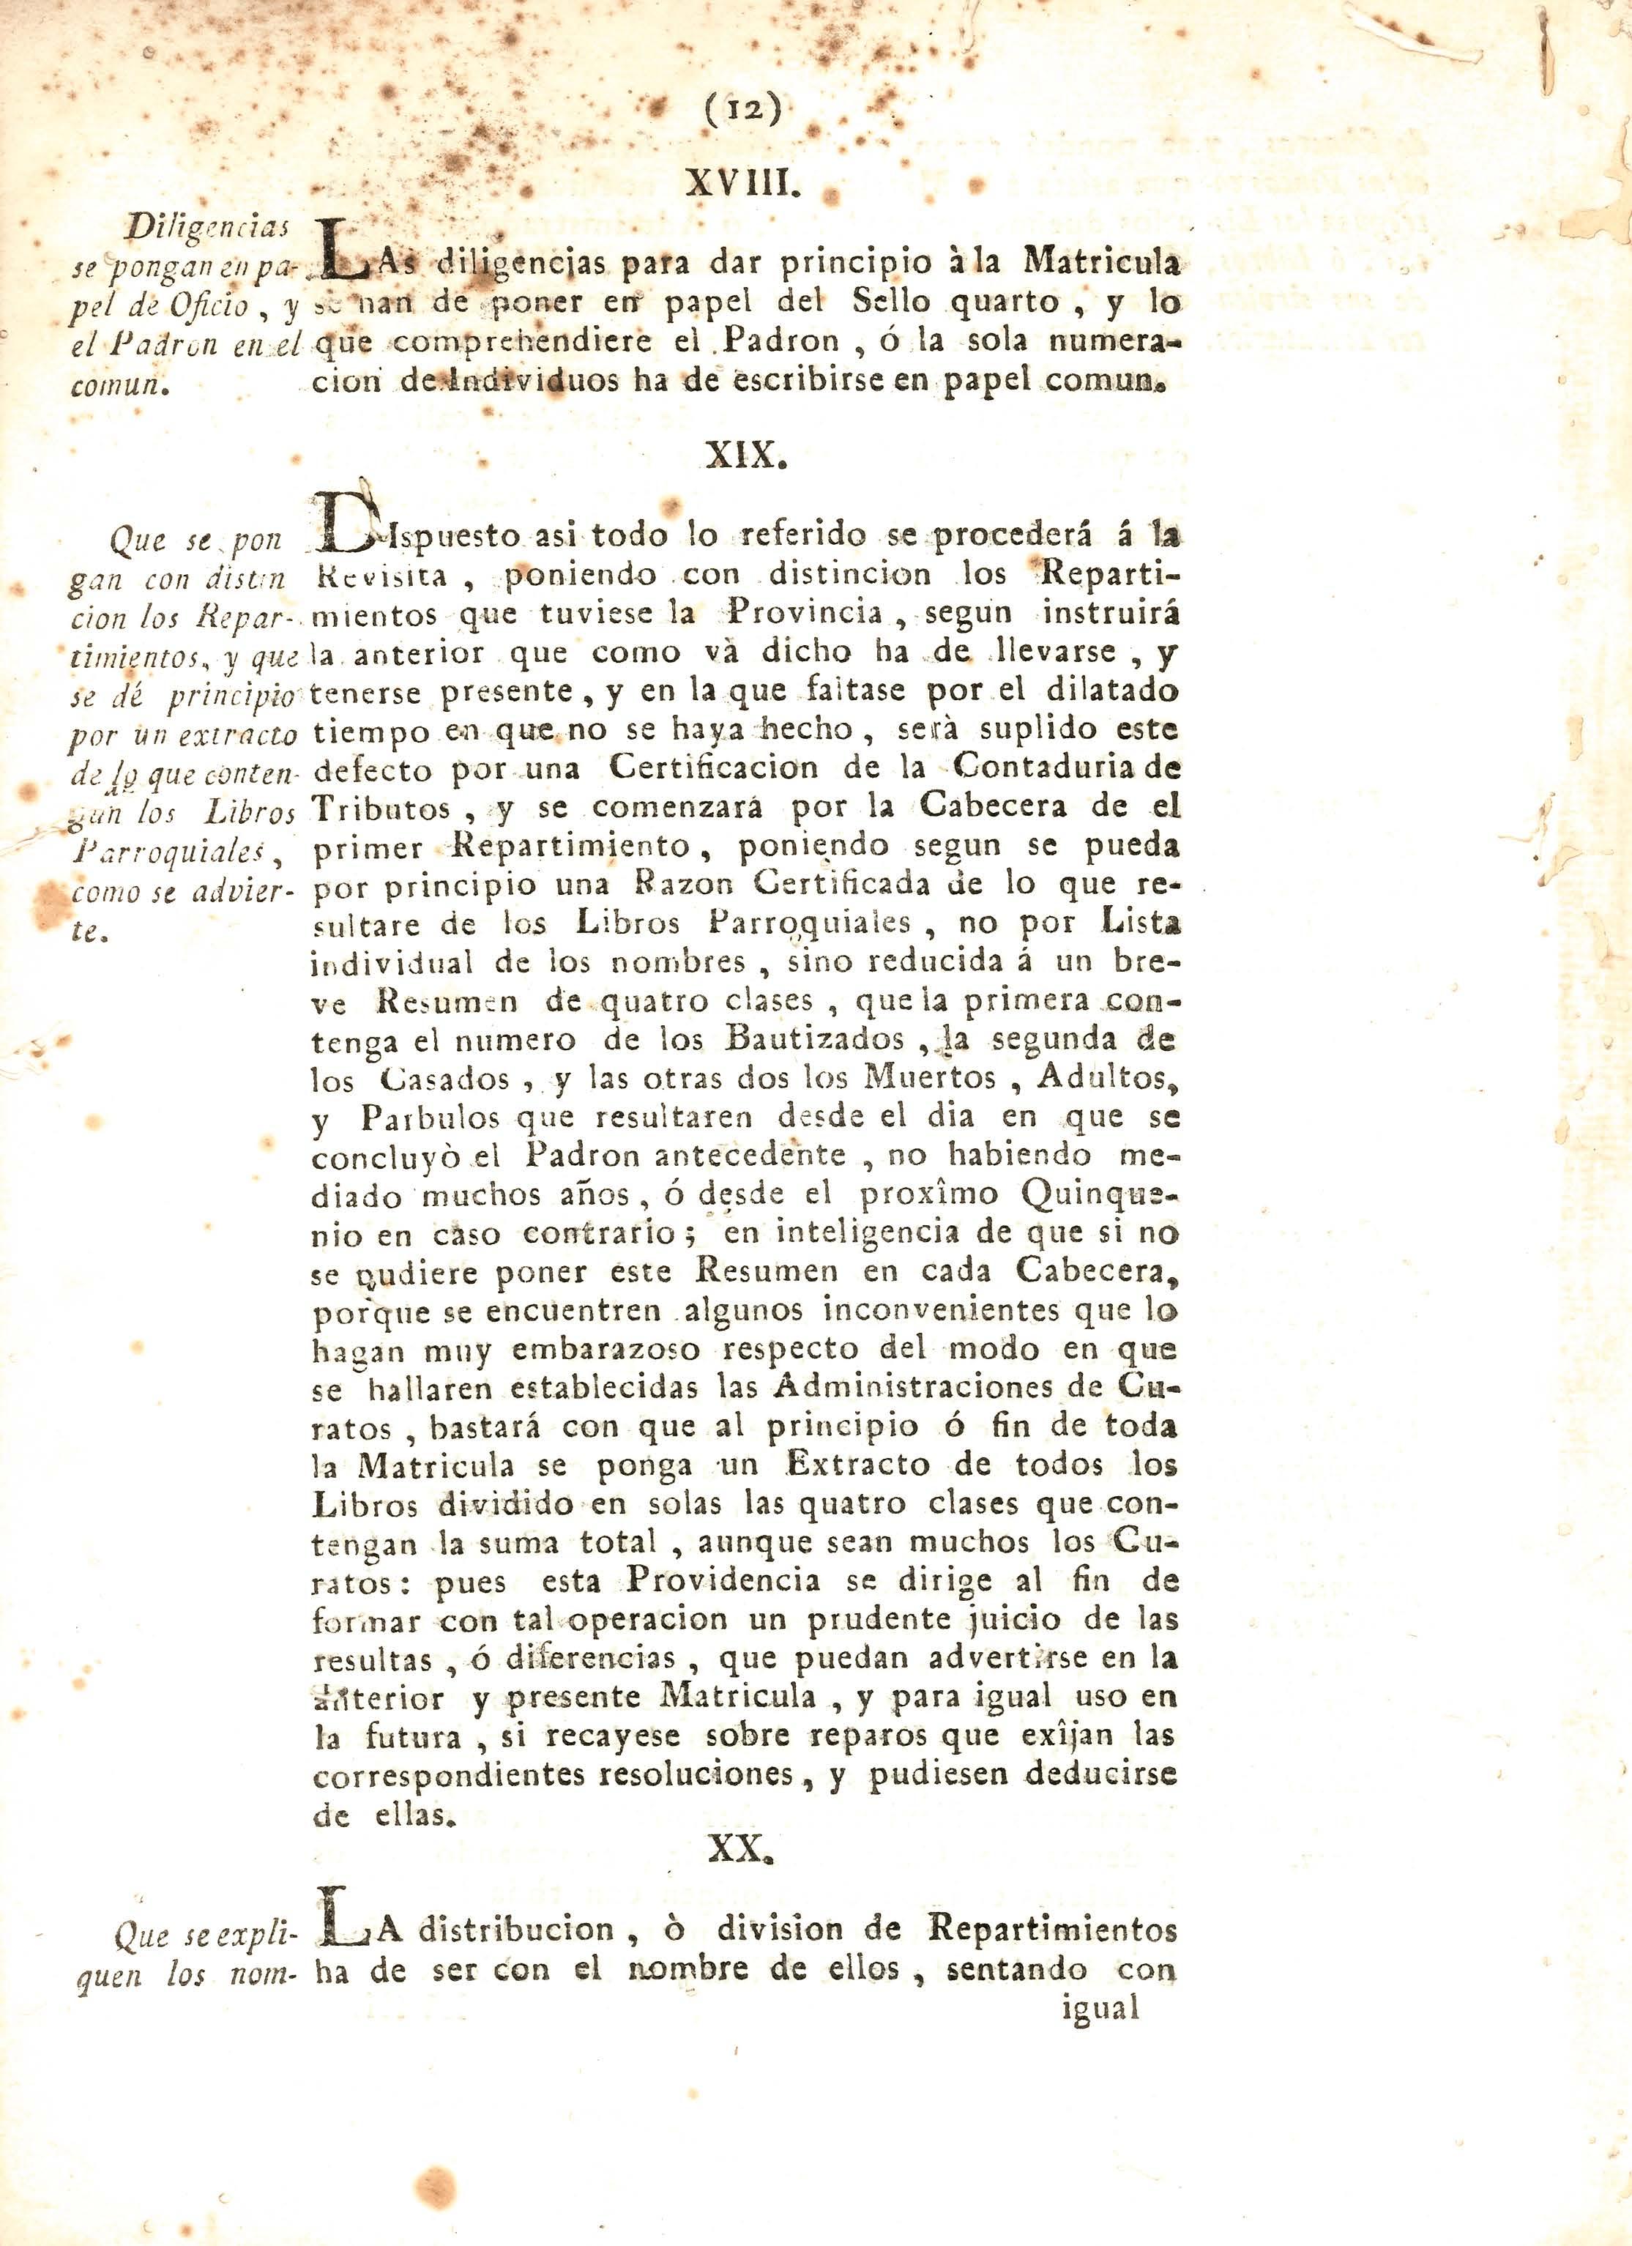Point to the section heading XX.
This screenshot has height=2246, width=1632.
point(741,1849)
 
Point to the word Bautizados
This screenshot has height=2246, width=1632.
point(814,1040)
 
